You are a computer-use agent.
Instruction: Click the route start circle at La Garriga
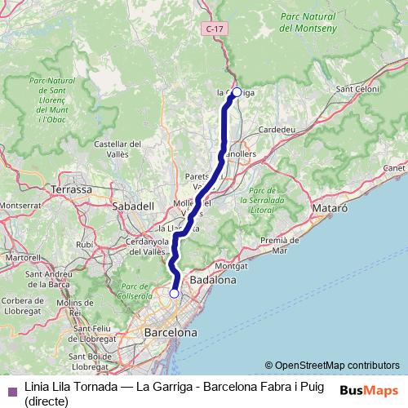pyautogui.click(x=237, y=92)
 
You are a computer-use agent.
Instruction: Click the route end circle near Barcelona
pyautogui.click(x=174, y=293)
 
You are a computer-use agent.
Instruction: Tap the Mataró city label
pyautogui.click(x=330, y=209)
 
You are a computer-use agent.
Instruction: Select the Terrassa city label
pyautogui.click(x=72, y=189)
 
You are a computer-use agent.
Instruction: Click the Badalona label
pyautogui.click(x=212, y=280)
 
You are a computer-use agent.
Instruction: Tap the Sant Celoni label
pyautogui.click(x=357, y=89)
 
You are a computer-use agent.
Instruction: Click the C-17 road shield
pyautogui.click(x=215, y=29)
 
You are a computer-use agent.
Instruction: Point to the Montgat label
pyautogui.click(x=232, y=266)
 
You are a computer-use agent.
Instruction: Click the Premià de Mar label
pyautogui.click(x=280, y=245)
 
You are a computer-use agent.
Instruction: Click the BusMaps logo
pyautogui.click(x=370, y=389)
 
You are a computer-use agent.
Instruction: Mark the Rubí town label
pyautogui.click(x=84, y=244)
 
